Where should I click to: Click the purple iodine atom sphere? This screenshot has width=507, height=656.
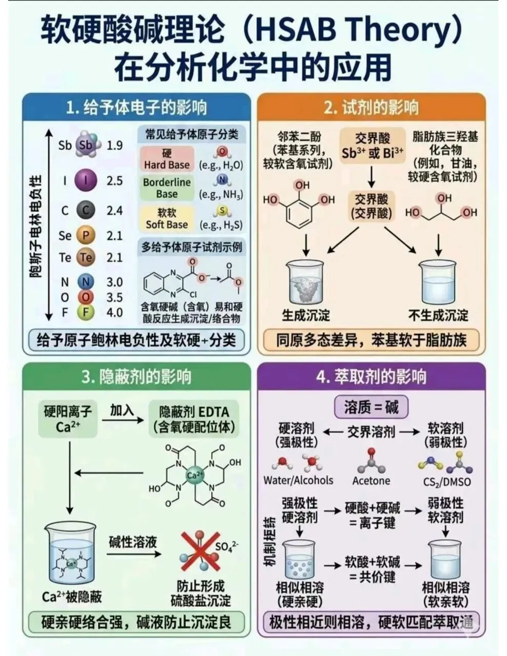[x=86, y=180]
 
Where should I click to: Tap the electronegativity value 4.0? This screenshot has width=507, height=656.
[x=114, y=312]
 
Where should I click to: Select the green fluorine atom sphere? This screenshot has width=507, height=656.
[x=86, y=312]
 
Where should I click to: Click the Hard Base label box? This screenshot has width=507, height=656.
[x=167, y=159]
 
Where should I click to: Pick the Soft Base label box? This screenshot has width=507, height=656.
[x=167, y=219]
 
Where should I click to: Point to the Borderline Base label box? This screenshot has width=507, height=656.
[x=167, y=188]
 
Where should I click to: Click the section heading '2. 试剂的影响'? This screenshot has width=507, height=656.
[x=371, y=108]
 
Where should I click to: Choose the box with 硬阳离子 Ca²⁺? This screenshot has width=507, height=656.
[x=68, y=419]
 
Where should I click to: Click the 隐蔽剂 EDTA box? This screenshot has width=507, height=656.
[x=194, y=419]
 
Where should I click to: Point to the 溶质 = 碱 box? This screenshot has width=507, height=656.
[x=371, y=407]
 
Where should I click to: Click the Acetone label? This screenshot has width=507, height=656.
[x=371, y=481]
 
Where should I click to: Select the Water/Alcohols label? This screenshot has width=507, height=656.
[x=298, y=480]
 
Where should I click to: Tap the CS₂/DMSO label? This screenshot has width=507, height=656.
[x=447, y=482]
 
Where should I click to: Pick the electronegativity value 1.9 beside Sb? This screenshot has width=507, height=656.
[x=114, y=146]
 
